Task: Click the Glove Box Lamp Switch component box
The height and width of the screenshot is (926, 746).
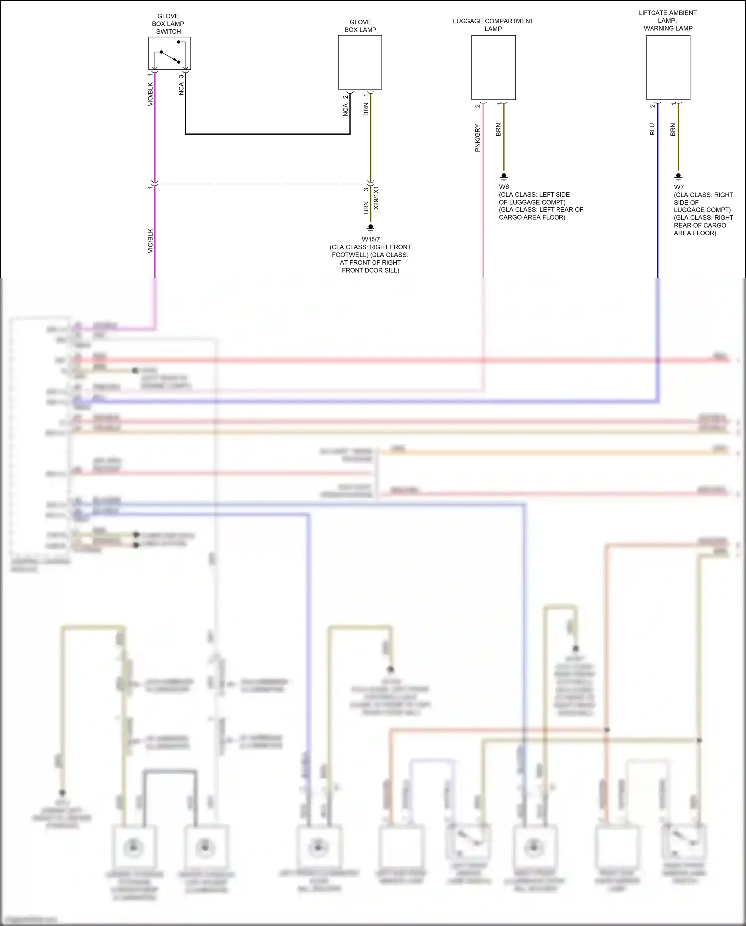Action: click(170, 53)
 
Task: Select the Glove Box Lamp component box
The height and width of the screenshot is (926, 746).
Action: click(360, 62)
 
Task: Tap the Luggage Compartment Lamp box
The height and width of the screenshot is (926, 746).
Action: click(493, 67)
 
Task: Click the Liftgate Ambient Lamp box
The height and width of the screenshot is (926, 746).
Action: click(668, 67)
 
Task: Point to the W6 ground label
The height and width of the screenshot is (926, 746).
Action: click(504, 187)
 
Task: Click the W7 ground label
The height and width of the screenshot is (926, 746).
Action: click(679, 187)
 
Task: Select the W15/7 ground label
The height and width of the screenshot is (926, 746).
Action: click(371, 239)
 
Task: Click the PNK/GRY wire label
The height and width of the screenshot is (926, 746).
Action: click(478, 138)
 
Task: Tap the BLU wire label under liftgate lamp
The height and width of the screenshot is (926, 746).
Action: click(653, 129)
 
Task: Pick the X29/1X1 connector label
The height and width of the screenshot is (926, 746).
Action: click(376, 198)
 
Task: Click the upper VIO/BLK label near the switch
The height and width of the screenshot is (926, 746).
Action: click(150, 95)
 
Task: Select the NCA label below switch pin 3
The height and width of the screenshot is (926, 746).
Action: click(181, 89)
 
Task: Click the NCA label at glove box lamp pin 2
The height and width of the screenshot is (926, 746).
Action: click(346, 110)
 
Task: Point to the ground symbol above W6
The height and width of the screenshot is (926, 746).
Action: click(504, 176)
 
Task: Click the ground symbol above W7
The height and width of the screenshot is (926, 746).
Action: click(678, 176)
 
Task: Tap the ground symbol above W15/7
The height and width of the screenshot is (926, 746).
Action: click(370, 228)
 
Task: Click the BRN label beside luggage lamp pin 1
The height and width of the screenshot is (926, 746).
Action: click(498, 130)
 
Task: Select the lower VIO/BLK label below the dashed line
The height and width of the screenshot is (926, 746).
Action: click(150, 241)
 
